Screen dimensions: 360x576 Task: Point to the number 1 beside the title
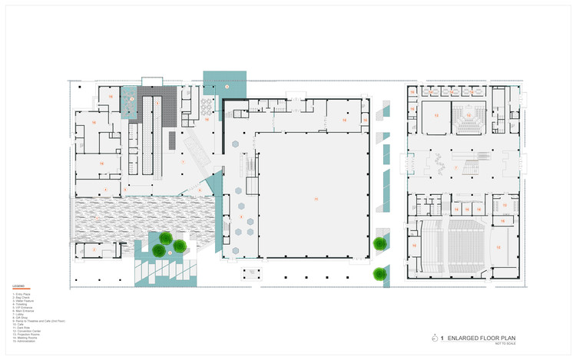[442, 337]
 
